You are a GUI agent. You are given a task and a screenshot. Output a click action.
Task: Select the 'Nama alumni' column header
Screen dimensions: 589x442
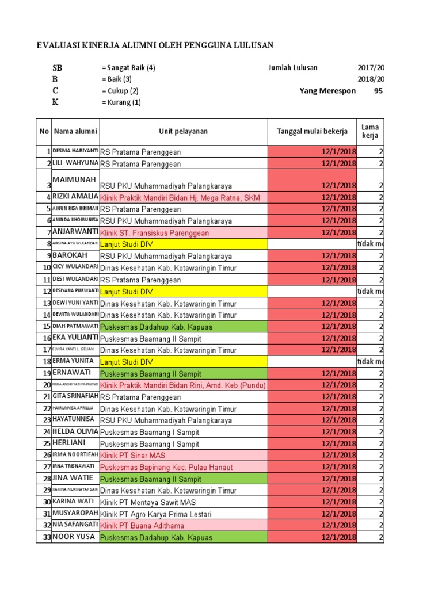tap(75, 132)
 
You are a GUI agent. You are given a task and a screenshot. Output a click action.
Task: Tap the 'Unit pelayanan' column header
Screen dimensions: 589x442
tap(184, 132)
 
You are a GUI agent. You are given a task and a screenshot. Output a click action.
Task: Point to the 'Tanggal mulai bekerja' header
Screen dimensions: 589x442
tap(312, 132)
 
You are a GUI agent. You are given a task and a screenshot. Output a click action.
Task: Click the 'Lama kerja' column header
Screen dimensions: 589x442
tap(370, 131)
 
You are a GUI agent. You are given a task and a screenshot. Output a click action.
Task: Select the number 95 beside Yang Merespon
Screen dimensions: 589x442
tap(378, 90)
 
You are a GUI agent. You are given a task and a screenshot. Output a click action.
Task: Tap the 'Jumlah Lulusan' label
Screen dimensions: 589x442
tap(292, 67)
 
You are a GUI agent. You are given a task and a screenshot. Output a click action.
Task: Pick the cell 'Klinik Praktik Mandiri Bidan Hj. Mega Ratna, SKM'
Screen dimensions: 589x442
tap(180, 198)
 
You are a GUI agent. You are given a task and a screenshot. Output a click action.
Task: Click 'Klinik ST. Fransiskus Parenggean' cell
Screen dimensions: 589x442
tap(155, 233)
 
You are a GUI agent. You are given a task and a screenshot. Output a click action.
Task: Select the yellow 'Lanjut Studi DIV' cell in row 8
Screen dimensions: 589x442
tap(127, 244)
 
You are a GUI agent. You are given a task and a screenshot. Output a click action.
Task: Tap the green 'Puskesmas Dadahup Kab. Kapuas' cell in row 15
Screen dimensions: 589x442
tap(157, 327)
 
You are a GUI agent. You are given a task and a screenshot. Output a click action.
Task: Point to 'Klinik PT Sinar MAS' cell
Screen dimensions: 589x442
tap(132, 456)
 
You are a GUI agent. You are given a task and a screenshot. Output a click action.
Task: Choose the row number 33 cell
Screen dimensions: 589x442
tap(45, 537)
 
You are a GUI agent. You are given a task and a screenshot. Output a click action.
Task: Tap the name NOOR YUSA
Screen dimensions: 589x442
tap(73, 537)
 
